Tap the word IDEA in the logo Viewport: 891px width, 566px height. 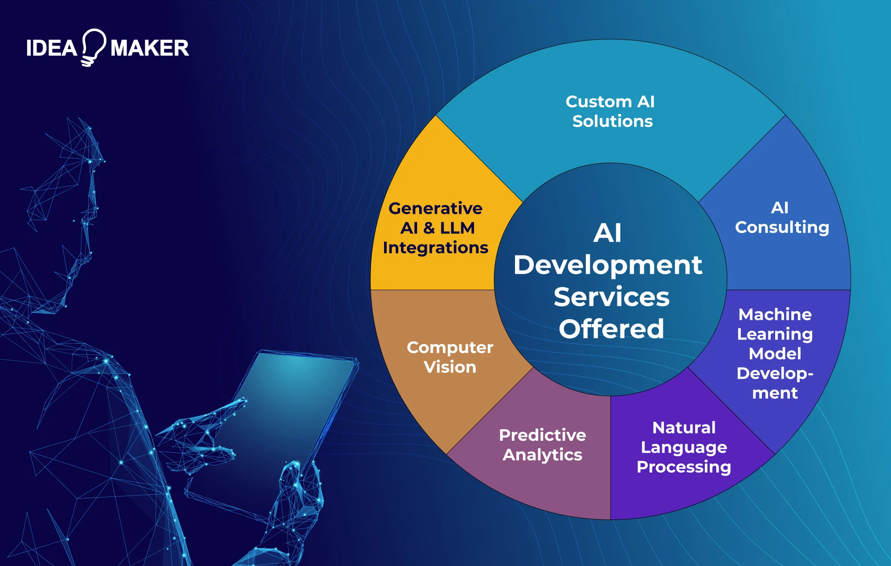[x=52, y=48]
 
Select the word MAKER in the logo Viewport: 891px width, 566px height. [x=150, y=48]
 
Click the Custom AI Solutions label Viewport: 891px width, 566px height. [x=611, y=111]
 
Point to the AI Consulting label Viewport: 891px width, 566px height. [x=782, y=217]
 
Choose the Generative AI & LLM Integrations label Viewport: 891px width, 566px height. [x=435, y=228]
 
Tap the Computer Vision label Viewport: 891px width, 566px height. [x=450, y=357]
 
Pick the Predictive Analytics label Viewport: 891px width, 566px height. [x=542, y=445]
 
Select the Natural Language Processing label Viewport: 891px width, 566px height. [x=684, y=447]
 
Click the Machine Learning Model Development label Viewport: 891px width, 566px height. [x=775, y=353]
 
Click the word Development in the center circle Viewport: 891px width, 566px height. [x=608, y=265]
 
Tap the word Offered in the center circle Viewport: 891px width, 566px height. [x=611, y=329]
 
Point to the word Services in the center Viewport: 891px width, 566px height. [x=611, y=297]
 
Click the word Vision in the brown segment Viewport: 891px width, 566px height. [x=450, y=367]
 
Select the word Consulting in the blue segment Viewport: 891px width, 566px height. [x=782, y=227]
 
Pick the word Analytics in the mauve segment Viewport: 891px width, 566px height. [x=542, y=455]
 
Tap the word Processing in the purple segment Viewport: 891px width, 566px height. [x=684, y=467]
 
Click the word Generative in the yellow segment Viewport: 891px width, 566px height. [x=435, y=209]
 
